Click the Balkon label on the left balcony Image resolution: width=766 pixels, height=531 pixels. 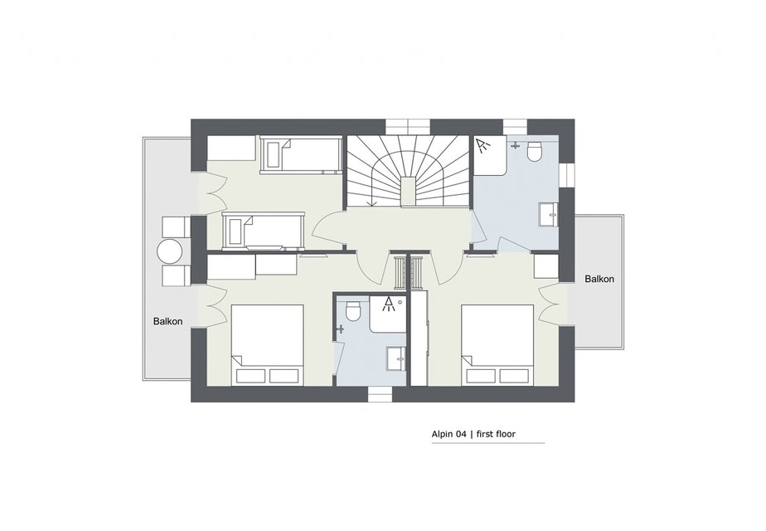tap(167, 321)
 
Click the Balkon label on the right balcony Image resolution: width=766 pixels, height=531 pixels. tap(599, 280)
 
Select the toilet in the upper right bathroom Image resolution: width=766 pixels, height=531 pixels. tap(536, 151)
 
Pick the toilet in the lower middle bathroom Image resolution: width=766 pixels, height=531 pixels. tap(352, 310)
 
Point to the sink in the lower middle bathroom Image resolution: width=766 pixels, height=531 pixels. tap(396, 359)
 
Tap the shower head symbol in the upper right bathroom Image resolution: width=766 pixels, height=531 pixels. tap(483, 146)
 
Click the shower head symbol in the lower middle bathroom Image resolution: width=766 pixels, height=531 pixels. tap(389, 304)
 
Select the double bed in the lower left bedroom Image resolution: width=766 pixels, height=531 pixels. tap(267, 344)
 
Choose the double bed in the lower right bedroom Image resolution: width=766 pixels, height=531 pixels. tap(497, 344)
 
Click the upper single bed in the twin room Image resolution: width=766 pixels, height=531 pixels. tap(300, 154)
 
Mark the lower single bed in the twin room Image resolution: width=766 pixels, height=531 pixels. tap(264, 231)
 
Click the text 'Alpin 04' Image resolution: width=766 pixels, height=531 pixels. tap(448, 434)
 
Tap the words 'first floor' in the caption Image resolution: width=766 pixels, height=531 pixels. tap(496, 434)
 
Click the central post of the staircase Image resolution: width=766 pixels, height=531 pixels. tap(407, 192)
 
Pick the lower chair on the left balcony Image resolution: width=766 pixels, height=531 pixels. tap(177, 275)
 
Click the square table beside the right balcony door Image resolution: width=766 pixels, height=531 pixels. tap(545, 266)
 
